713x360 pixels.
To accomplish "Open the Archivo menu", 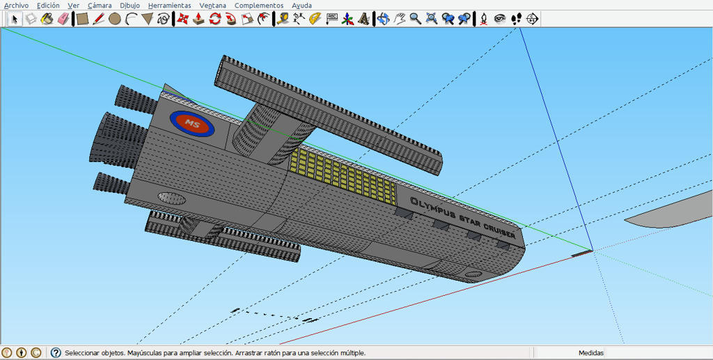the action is [16, 6].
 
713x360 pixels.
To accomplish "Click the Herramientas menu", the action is [170, 6].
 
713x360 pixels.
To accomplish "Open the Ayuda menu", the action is [302, 6].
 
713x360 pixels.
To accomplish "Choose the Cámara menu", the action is [100, 6].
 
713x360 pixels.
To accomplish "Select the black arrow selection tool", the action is [15, 19].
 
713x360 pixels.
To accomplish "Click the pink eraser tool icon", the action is [63, 19].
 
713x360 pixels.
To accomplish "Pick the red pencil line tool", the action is [98, 19].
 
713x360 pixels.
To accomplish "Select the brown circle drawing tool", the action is [114, 19].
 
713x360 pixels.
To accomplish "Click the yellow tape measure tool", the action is [283, 19].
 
